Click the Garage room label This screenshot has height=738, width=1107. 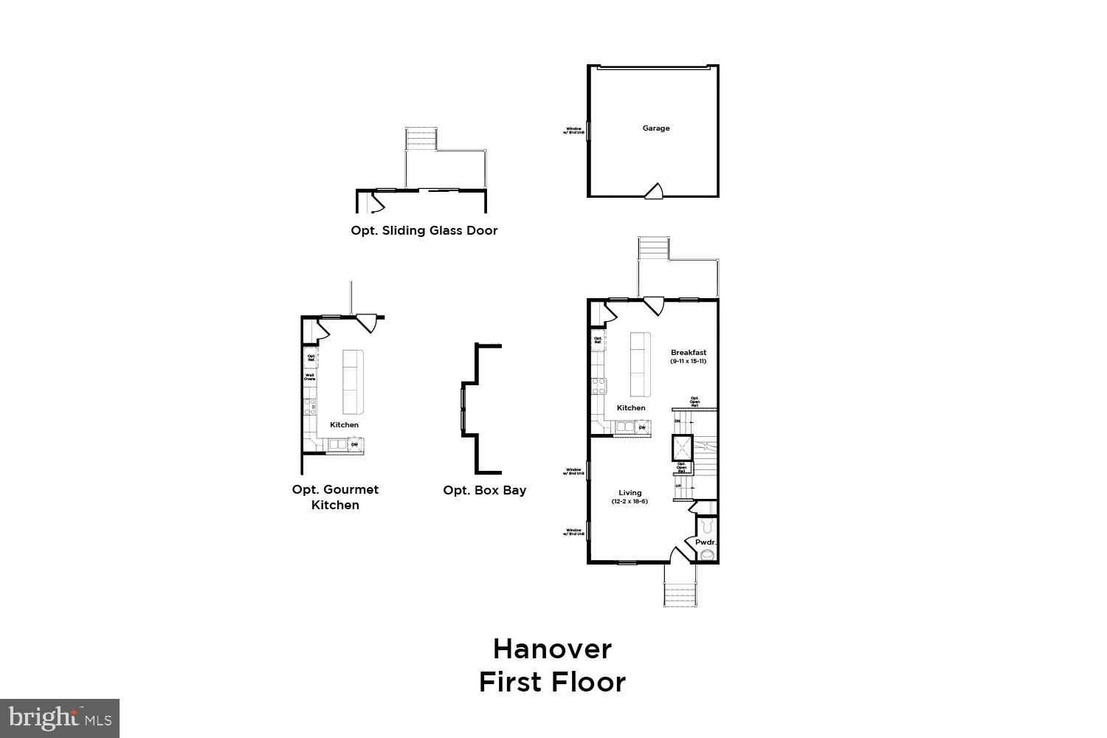pos(655,128)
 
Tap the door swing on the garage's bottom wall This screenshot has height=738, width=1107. pos(654,191)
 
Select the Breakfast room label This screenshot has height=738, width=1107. pos(688,353)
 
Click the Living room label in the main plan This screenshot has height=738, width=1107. pos(630,493)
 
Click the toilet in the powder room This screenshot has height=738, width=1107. pos(707,526)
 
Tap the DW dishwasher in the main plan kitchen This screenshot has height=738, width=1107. pos(642,427)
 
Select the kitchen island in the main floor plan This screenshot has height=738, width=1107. pos(640,364)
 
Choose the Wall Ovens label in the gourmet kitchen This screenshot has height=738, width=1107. pos(310,377)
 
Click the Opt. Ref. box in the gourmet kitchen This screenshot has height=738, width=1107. pos(311,357)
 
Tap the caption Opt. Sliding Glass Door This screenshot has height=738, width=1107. pos(424,230)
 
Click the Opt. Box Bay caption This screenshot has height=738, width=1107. pos(484,490)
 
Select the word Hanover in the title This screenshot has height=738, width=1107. pos(552,649)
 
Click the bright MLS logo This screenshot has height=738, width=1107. pos(60,718)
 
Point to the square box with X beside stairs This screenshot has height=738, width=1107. pos(682,447)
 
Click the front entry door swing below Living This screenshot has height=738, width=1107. pos(677,555)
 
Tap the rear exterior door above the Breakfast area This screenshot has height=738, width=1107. pos(653,306)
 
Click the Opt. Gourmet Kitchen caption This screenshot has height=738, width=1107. pos(335,497)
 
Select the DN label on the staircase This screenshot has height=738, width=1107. pos(677,421)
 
